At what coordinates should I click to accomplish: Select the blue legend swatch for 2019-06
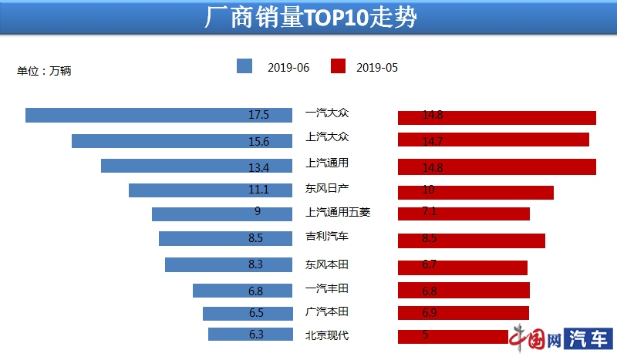tap(244, 66)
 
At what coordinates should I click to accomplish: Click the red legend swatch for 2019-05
tap(337, 66)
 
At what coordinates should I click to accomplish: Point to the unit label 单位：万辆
tap(44, 71)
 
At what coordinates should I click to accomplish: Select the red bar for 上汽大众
tap(494, 140)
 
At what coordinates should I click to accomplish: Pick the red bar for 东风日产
tap(476, 192)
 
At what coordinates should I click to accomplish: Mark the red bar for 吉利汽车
tap(471, 241)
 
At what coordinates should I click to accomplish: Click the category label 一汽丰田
tap(327, 288)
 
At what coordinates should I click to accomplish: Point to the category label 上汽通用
tap(327, 163)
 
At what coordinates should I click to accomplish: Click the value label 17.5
tap(258, 115)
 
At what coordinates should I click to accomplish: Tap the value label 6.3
tap(257, 335)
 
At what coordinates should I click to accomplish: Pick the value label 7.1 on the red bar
tap(430, 214)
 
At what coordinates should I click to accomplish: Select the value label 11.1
tap(258, 190)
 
